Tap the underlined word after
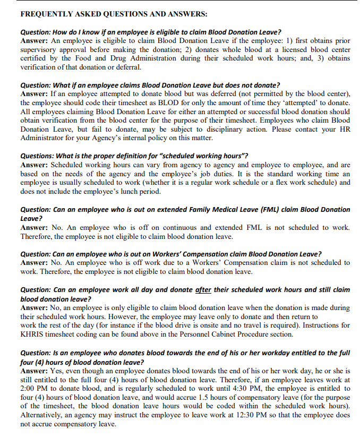point(203,289)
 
